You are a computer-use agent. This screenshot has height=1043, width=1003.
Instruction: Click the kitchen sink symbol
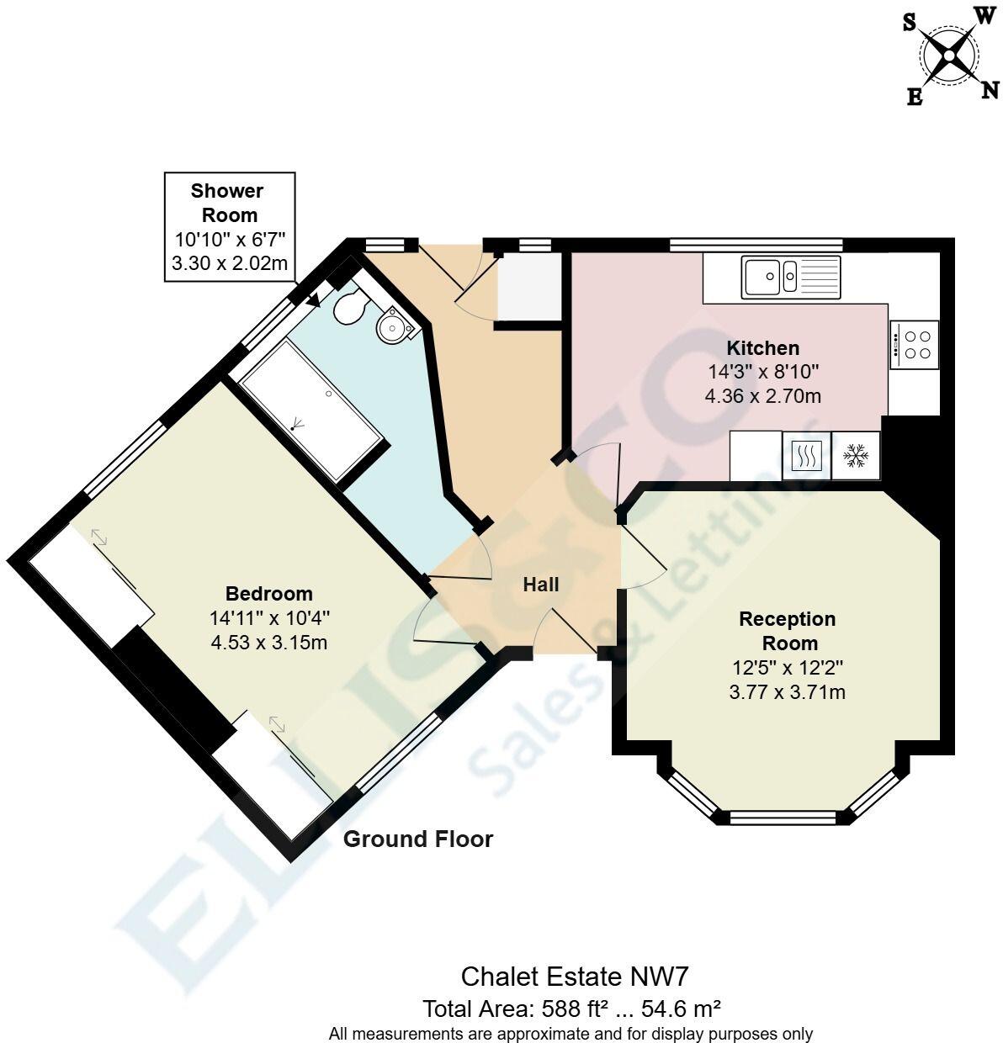click(x=791, y=277)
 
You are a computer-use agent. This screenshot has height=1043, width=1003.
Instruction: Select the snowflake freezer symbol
click(x=856, y=457)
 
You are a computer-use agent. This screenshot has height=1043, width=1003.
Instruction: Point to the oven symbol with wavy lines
click(x=807, y=457)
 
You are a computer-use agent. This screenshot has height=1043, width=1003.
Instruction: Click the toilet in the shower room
click(x=348, y=309)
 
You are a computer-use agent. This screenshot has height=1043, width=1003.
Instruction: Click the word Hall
click(x=540, y=585)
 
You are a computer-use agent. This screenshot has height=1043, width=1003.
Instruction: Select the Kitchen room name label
click(x=763, y=347)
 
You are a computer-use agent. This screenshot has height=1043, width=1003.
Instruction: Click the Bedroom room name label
click(x=268, y=593)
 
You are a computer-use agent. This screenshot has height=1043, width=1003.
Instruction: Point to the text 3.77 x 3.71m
click(x=787, y=692)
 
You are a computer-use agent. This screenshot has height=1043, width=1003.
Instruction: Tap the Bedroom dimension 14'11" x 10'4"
click(x=269, y=617)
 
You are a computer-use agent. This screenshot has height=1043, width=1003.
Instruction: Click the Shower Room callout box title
click(x=227, y=203)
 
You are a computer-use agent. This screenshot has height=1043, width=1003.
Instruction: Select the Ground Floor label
click(x=418, y=839)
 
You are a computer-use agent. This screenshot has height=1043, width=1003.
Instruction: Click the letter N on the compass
click(x=990, y=90)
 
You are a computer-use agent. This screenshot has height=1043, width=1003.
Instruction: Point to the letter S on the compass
click(x=910, y=23)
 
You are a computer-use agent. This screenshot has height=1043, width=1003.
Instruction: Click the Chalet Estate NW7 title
click(x=575, y=977)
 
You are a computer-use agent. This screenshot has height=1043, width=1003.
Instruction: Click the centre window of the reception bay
click(x=783, y=817)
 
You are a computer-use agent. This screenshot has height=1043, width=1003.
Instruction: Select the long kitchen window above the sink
click(x=756, y=245)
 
